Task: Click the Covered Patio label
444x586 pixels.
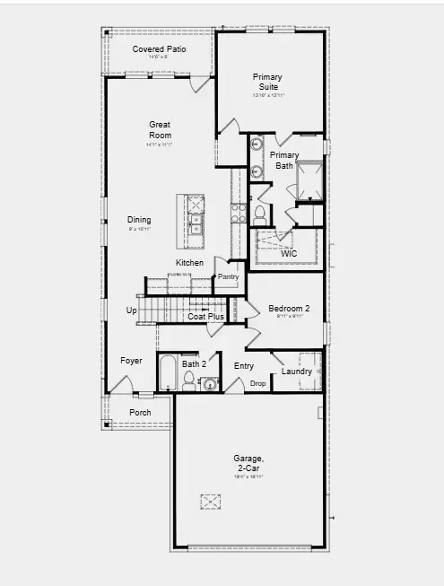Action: (160, 48)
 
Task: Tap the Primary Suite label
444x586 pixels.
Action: (267, 82)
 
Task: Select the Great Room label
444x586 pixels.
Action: (160, 130)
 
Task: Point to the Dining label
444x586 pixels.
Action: (139, 220)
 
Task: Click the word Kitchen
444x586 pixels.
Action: (189, 262)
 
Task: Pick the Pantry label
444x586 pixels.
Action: (228, 276)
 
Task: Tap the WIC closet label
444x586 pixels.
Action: (289, 254)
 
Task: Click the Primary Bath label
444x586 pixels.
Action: (284, 161)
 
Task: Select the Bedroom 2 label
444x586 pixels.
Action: (289, 309)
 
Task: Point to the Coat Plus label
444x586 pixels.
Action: (205, 316)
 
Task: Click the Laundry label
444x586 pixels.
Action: (296, 372)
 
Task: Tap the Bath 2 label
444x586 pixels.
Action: (195, 364)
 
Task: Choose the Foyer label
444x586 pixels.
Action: (132, 361)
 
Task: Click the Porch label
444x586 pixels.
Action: (140, 413)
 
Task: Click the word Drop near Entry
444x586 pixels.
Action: (258, 383)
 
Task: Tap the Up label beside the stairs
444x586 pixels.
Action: (132, 310)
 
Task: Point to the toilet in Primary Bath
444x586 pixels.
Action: (259, 213)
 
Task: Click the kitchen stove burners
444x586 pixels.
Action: (239, 213)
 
